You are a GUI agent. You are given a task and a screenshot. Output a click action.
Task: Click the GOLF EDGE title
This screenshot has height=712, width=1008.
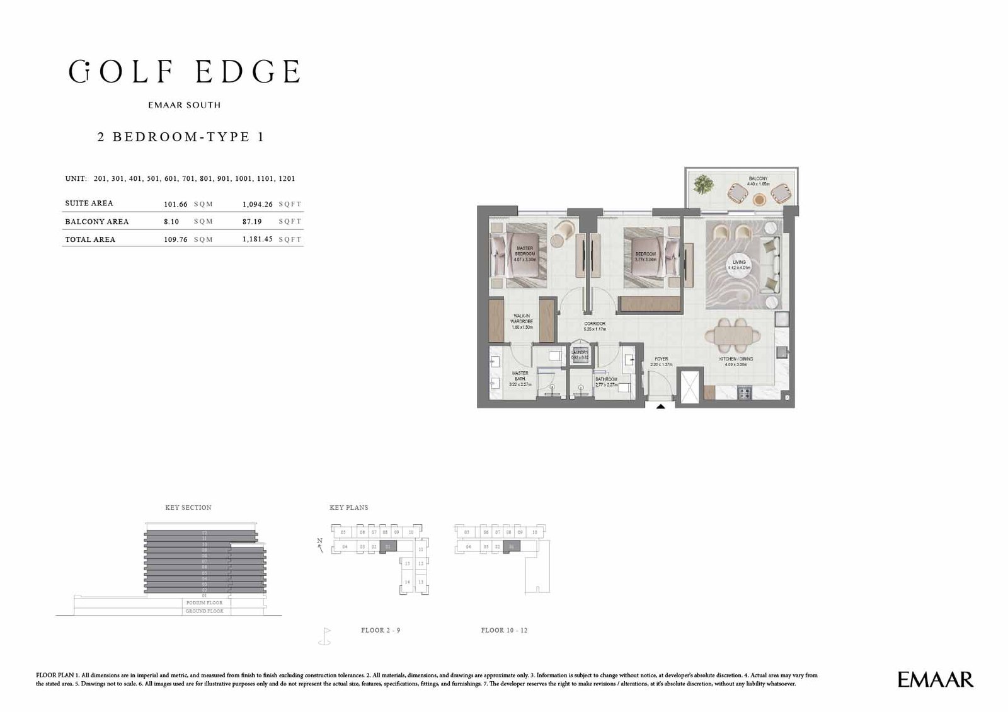click(x=184, y=72)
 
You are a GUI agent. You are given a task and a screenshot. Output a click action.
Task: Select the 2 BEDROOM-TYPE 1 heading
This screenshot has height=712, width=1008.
click(x=180, y=137)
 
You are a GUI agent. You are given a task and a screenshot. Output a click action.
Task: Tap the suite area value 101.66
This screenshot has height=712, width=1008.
click(x=175, y=204)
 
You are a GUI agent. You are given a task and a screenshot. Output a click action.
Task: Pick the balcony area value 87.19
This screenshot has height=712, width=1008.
click(x=257, y=222)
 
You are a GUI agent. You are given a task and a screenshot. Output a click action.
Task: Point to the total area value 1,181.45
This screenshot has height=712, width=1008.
click(x=257, y=239)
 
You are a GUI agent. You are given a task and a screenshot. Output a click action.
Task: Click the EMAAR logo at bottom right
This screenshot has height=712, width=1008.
click(x=935, y=679)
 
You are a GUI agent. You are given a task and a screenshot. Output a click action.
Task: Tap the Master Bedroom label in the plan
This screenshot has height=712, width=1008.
click(x=524, y=253)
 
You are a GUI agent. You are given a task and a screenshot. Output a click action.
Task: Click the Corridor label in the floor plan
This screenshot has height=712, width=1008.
click(x=594, y=326)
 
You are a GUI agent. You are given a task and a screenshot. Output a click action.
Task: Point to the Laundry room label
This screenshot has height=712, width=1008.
click(x=580, y=354)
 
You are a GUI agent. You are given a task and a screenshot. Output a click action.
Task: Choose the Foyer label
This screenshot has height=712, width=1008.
click(x=661, y=361)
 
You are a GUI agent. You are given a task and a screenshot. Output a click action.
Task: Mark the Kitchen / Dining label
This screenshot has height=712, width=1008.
click(x=736, y=361)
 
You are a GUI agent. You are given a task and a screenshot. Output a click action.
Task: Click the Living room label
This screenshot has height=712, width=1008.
click(x=738, y=265)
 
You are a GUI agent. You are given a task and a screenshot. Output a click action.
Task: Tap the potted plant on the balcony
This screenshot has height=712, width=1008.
click(x=702, y=185)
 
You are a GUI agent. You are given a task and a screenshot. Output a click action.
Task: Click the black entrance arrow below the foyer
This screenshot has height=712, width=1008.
click(x=660, y=407)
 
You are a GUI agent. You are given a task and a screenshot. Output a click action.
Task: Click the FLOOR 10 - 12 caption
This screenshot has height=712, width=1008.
click(x=504, y=630)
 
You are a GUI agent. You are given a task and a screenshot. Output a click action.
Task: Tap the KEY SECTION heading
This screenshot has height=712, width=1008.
click(x=188, y=507)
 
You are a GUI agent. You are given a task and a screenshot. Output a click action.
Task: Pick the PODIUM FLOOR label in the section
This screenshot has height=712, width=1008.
click(x=205, y=603)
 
